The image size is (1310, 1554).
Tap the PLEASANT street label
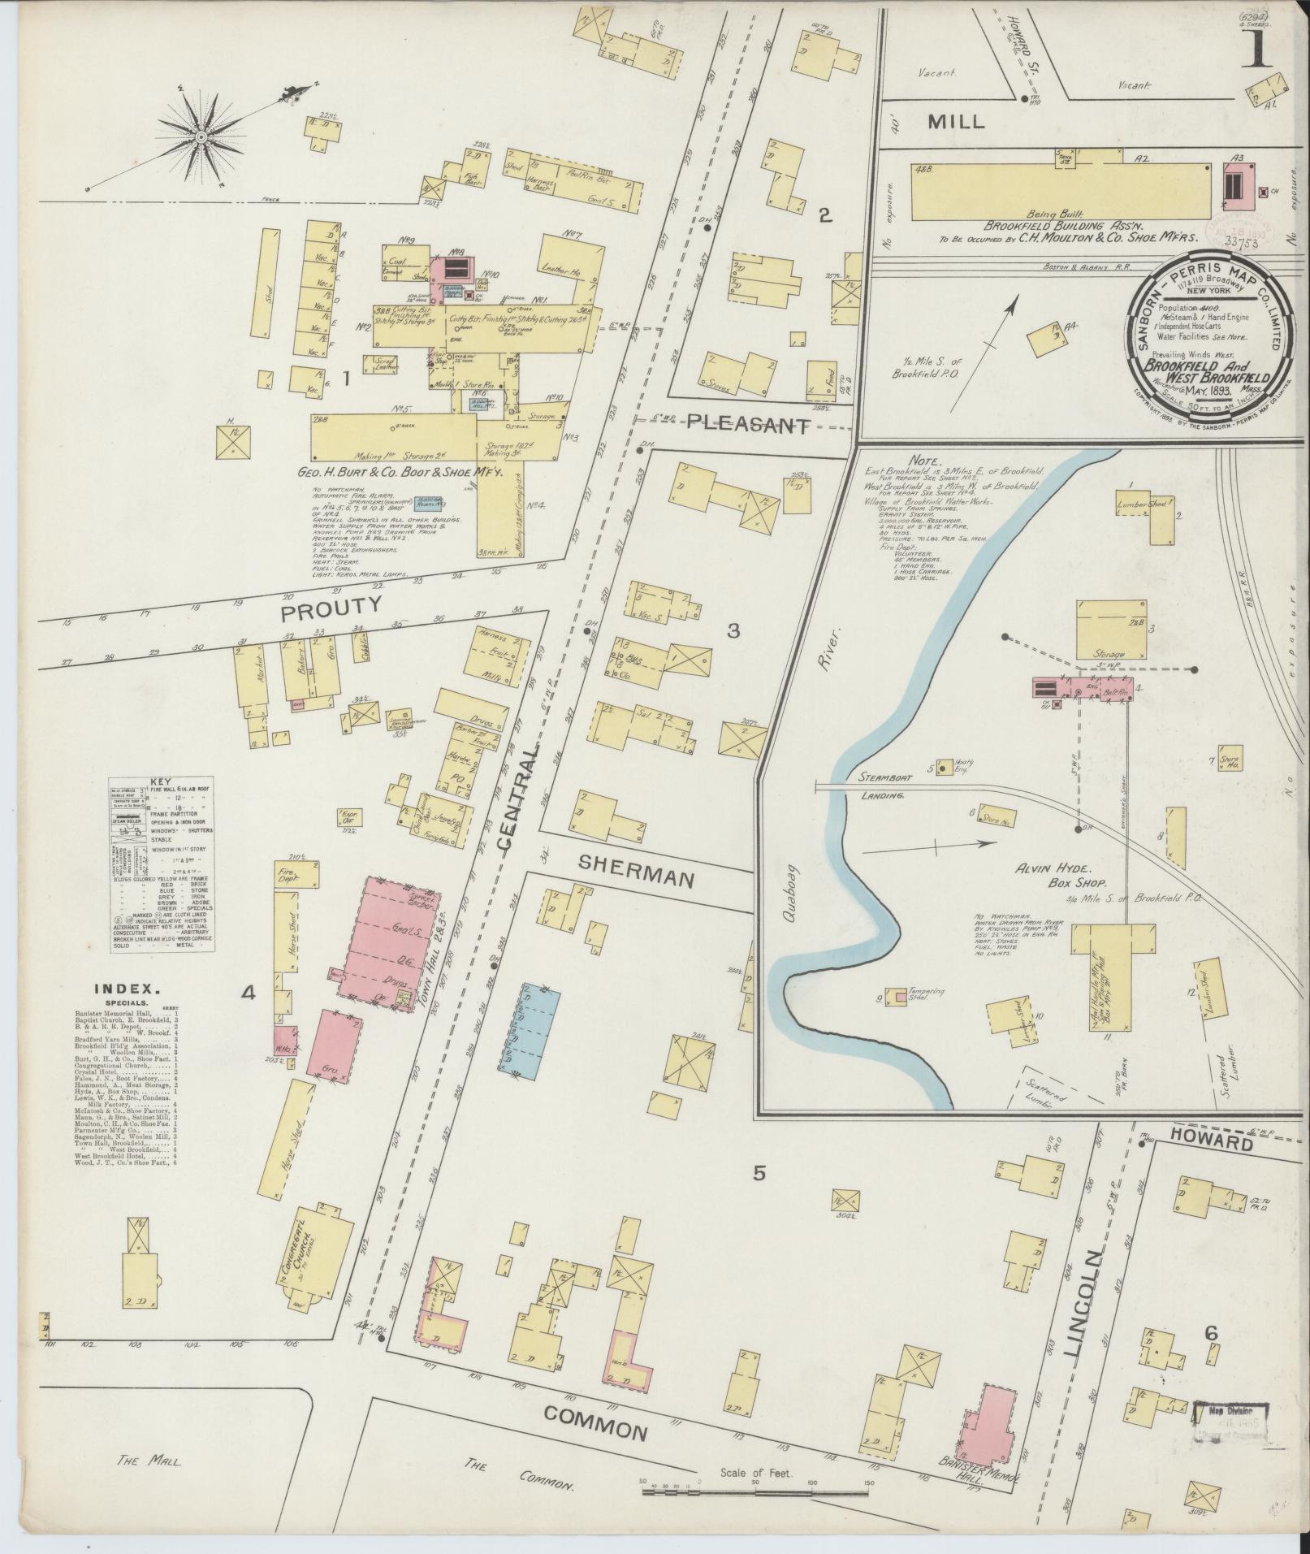(749, 423)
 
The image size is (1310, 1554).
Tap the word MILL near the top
(956, 122)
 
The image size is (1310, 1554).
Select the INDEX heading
(125, 989)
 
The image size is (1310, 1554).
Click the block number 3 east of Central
(733, 630)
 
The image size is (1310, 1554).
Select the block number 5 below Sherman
(759, 1172)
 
